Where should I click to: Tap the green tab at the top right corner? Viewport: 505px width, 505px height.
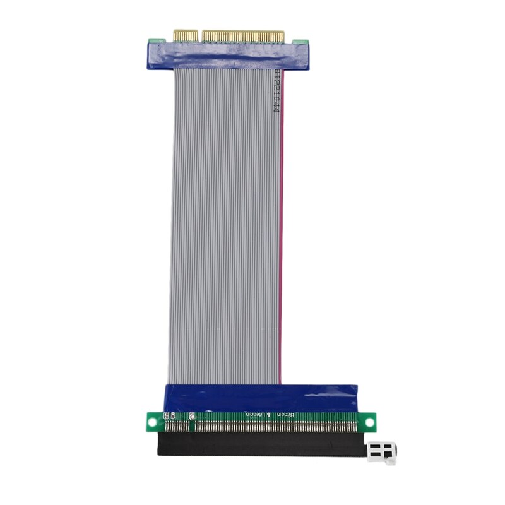[306, 43]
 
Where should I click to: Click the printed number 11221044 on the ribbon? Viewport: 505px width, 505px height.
[276, 91]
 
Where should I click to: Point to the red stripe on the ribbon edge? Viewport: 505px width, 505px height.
[282, 221]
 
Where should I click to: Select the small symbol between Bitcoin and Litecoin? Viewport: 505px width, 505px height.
[270, 414]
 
